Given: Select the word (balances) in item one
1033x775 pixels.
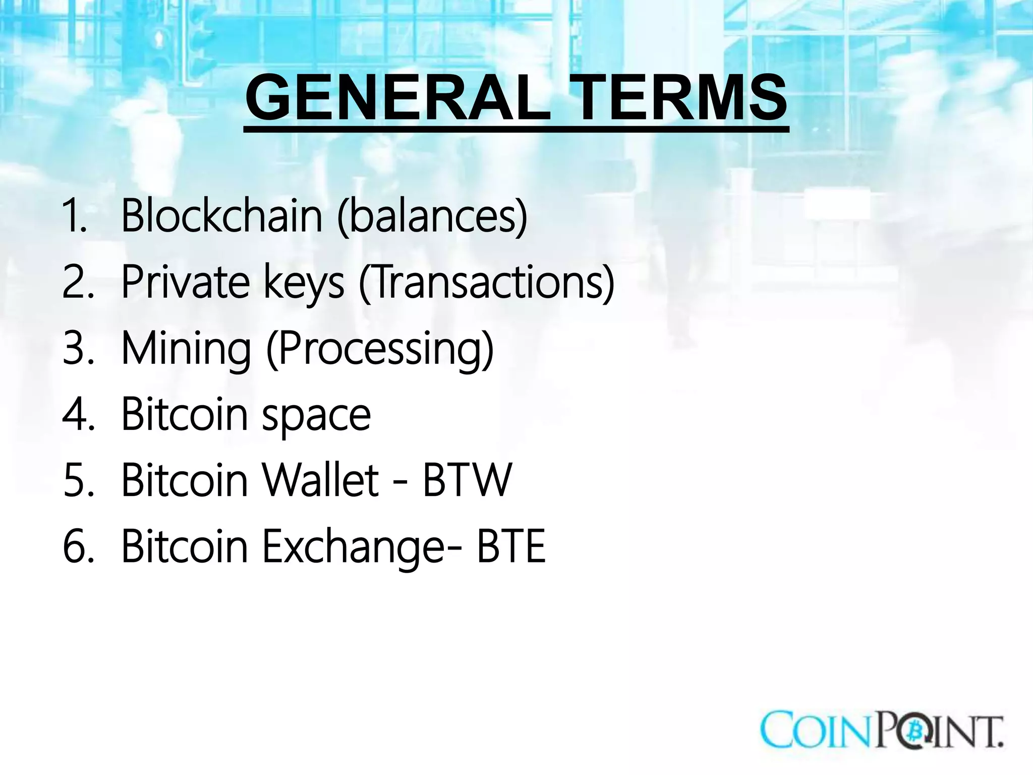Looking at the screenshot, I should point(432,217).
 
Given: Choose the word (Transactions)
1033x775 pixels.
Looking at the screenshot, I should point(487,283).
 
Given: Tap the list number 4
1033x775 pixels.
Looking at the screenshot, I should point(78,415).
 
